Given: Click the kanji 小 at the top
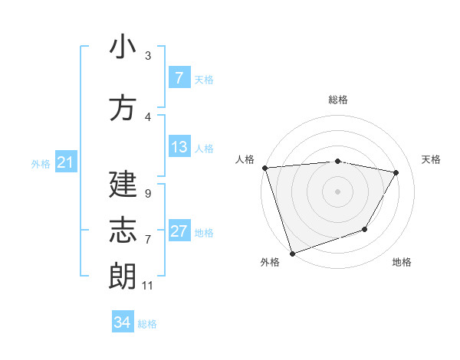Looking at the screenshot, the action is (x=123, y=47).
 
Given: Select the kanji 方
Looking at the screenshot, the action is (x=123, y=108).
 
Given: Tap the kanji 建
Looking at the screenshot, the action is (x=123, y=185).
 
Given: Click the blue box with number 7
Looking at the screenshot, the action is (x=179, y=78).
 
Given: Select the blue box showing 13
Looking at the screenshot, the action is (x=179, y=147).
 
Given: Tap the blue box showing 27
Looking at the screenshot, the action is (x=179, y=231).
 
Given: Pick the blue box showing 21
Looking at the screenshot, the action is (x=64, y=162).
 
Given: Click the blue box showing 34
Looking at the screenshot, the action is (x=122, y=322).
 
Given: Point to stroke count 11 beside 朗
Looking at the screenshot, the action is (x=147, y=286).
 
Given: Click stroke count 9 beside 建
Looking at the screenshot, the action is (x=147, y=194).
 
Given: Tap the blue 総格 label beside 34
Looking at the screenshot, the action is (x=147, y=324).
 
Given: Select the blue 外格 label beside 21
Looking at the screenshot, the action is (x=41, y=163).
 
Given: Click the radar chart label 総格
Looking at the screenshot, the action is (x=337, y=100).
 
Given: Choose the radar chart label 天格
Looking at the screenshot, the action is (x=432, y=159).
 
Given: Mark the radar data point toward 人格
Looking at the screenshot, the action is (x=264, y=168).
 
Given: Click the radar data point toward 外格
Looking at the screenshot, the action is (x=292, y=253).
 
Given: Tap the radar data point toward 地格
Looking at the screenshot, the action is (x=365, y=229).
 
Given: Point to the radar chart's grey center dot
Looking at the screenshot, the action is (x=337, y=191).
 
